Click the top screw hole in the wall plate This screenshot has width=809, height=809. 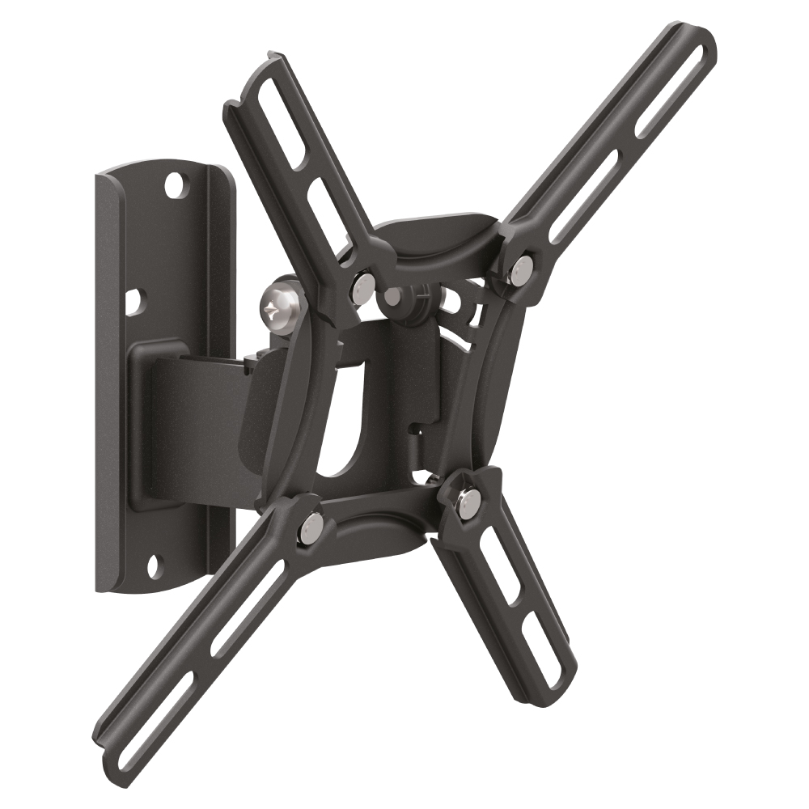(x=172, y=186)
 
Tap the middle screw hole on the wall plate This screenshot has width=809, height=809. (x=133, y=302)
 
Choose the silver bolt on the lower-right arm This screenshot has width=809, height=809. (x=467, y=502)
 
